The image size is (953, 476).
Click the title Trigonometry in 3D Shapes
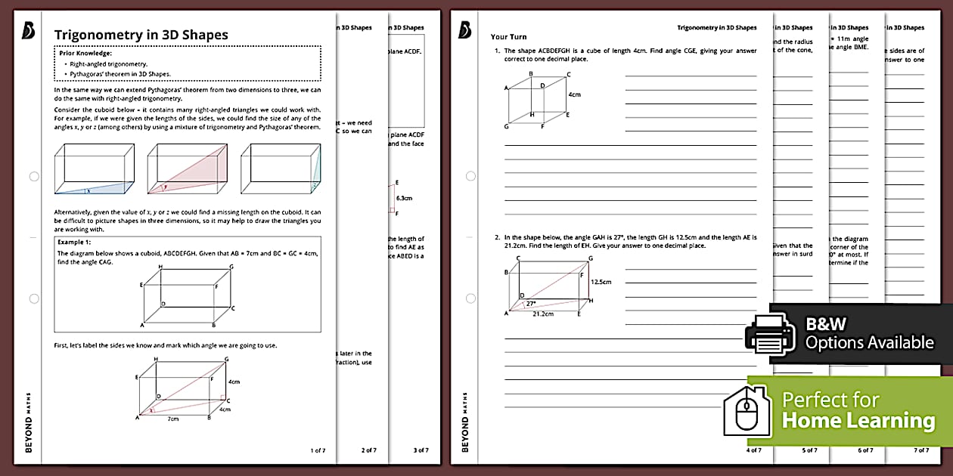[141, 35]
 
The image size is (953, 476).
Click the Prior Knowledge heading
[85, 54]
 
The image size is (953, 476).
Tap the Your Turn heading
[508, 36]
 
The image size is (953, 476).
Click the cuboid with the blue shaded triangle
[95, 170]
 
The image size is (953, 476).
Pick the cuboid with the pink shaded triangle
[187, 170]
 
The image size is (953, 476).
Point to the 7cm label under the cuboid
[173, 419]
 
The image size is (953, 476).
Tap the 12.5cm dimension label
[601, 282]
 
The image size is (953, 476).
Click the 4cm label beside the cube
[574, 94]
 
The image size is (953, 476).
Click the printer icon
[771, 333]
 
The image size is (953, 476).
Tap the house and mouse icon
[748, 411]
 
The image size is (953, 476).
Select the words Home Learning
[858, 421]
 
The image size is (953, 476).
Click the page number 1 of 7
[318, 450]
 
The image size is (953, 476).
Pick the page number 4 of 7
[754, 450]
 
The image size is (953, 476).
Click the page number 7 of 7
[920, 450]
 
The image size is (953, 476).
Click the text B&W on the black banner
[825, 324]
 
